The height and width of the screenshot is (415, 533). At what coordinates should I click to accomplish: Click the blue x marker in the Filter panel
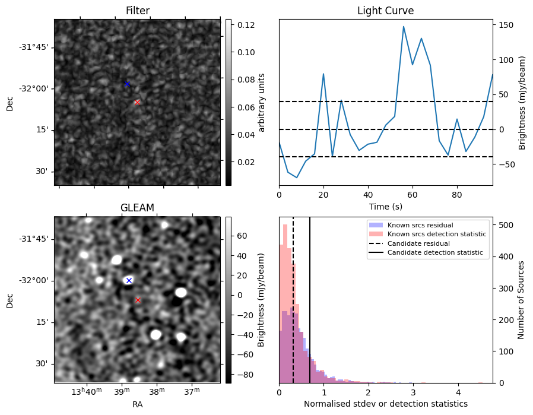[x=127, y=84]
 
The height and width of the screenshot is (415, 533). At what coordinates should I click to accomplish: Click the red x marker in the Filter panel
[x=137, y=102]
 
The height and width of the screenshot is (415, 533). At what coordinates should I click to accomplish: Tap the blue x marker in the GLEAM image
[x=129, y=280]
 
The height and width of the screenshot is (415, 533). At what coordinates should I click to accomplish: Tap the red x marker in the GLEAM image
[x=138, y=300]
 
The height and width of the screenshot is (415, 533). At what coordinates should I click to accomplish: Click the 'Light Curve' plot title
[x=385, y=11]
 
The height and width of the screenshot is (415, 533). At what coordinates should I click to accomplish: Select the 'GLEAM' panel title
[x=137, y=208]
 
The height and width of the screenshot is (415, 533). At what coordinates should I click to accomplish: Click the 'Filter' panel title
[x=137, y=11]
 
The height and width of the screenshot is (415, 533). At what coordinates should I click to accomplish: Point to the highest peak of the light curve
[x=404, y=27]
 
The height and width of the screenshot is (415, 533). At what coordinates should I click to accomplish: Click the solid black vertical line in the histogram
[x=310, y=309]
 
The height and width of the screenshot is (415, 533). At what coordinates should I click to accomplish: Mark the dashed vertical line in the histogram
[x=293, y=309]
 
